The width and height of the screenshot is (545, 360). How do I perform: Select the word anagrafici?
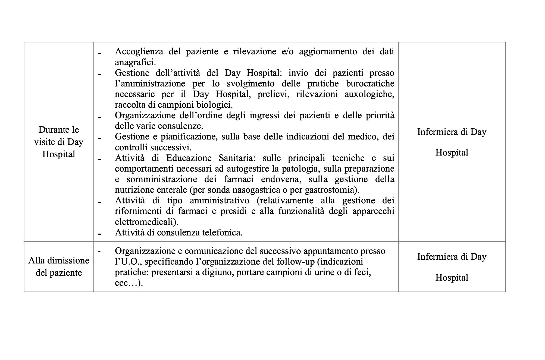coord(135,62)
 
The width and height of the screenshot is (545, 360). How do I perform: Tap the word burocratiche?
coord(370,83)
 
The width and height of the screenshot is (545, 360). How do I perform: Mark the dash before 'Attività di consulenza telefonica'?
coord(99,233)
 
